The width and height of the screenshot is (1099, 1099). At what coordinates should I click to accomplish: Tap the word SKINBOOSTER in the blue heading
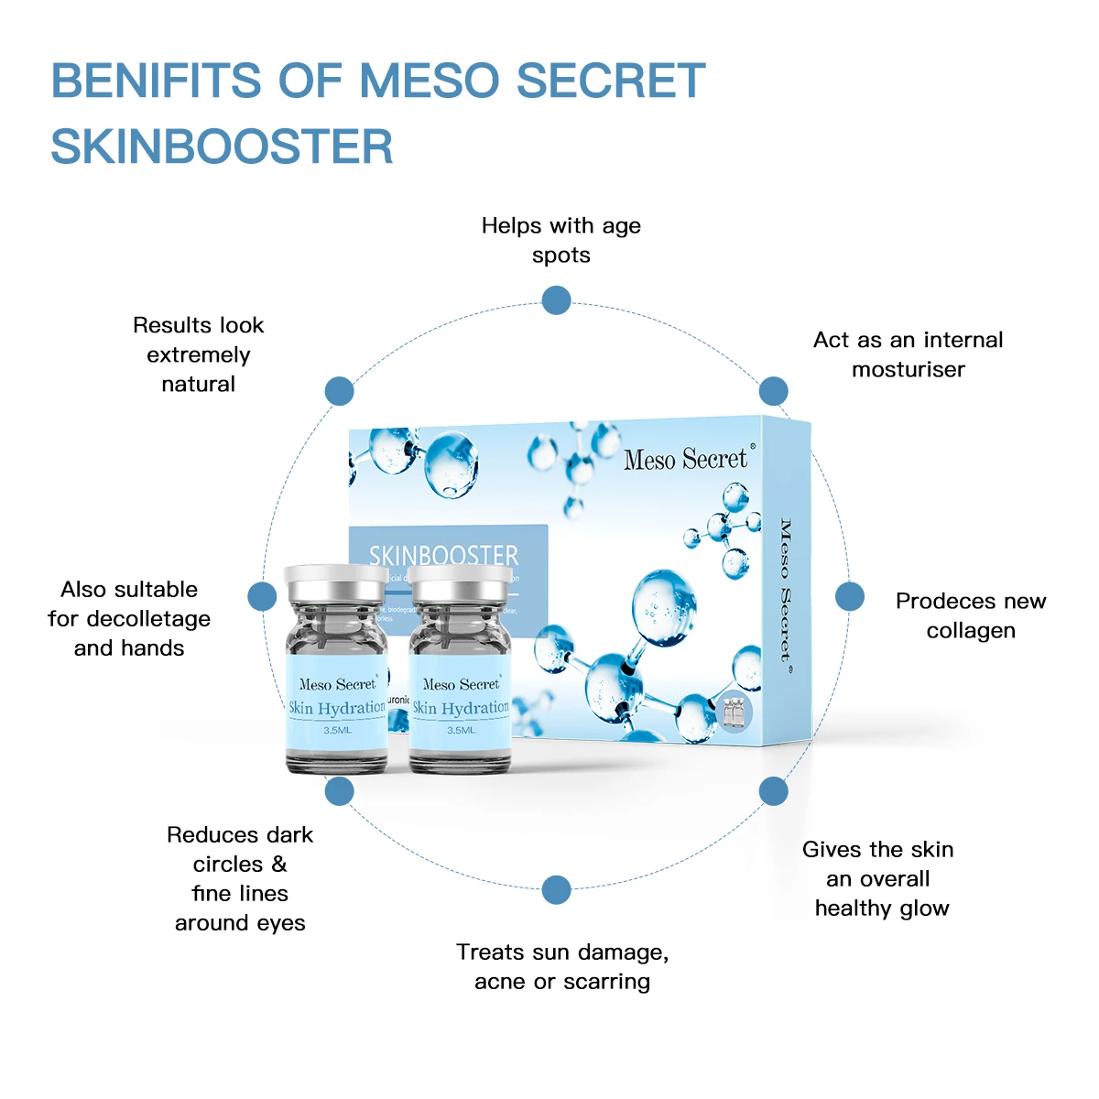222,147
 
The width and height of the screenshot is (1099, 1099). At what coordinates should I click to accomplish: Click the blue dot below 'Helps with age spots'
556,300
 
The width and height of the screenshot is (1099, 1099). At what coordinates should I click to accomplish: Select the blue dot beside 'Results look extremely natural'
339,391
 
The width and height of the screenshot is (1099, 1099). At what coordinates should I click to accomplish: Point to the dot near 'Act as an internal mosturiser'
774,391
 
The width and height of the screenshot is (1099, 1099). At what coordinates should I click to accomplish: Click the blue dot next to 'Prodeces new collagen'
850,596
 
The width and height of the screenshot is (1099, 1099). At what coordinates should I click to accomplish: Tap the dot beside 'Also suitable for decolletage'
262,596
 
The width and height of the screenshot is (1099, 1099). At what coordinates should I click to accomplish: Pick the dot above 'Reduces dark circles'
339,791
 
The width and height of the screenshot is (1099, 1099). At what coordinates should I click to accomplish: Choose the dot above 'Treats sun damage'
556,889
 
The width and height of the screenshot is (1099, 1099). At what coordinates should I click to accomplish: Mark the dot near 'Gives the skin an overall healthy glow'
774,791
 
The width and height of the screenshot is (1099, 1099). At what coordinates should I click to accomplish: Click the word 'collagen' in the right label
971,631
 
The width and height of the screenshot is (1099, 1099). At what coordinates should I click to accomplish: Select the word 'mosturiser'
909,370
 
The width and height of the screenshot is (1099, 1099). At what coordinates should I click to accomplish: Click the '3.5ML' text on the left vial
337,730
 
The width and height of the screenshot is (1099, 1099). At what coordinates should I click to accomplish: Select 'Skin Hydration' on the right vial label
461,708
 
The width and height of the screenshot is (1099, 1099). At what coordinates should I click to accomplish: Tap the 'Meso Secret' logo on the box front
686,460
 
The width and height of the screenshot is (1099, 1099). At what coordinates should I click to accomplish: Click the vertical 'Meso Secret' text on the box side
786,590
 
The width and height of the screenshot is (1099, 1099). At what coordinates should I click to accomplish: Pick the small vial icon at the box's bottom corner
734,712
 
